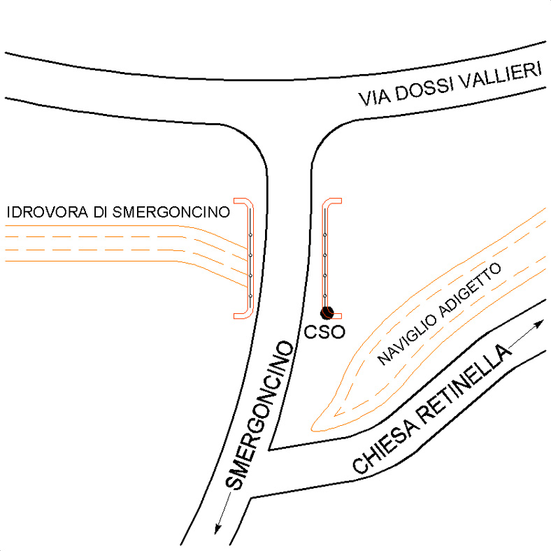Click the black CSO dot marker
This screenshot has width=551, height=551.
point(327,313)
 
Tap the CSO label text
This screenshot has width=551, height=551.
point(324,332)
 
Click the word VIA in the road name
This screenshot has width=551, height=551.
point(374,98)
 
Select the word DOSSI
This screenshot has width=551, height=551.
point(423,90)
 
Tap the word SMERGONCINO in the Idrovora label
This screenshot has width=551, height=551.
point(171,213)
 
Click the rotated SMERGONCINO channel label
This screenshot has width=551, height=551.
point(259,415)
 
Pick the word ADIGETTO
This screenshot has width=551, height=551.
point(470,290)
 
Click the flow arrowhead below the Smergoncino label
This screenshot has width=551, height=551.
point(219,529)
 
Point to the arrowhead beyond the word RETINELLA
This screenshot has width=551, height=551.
point(539,324)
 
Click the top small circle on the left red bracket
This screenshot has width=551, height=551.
point(250,235)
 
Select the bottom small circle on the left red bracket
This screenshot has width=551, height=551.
point(250,296)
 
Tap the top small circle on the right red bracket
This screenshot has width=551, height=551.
point(325,235)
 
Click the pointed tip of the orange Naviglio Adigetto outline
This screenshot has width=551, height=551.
point(312,429)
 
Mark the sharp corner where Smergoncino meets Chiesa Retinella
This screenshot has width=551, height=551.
point(269,450)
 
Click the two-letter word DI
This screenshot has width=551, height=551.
point(100,213)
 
